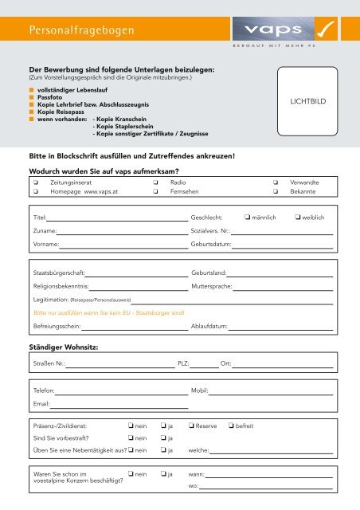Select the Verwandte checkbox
point(276,182)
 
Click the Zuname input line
point(123,233)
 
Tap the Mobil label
point(200,392)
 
